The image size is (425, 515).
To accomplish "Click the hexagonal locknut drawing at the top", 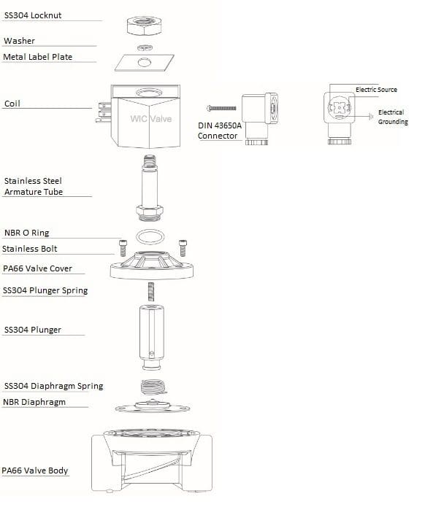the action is pos(144,26).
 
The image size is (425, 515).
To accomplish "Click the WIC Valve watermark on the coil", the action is pos(151,119).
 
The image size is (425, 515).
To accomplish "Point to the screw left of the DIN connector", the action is pos(221,108).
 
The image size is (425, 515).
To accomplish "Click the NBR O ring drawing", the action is pos(150,236).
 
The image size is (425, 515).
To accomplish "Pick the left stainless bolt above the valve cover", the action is pos(123,247).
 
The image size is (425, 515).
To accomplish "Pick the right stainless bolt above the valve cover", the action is pos(183,247).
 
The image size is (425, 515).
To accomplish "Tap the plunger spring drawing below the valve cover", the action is pos(151,292).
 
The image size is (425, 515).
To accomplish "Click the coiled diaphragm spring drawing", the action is pos(153,387).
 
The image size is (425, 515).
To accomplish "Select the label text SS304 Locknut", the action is pos(33,15).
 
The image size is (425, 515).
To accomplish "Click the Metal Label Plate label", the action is pos(37,57).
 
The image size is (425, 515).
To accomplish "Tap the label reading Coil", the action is pos(12,104).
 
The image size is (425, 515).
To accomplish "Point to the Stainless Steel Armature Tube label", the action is pos(33,186).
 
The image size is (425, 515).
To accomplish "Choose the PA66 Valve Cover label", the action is pos(37,268).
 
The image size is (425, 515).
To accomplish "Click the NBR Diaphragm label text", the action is pos(34,402).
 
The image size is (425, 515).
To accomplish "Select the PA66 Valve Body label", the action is pos(35,471).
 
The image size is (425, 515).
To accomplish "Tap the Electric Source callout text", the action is pos(376,89).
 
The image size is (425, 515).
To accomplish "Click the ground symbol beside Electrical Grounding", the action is pos(371,116).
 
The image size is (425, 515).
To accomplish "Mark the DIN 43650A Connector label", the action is pos(220,131).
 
